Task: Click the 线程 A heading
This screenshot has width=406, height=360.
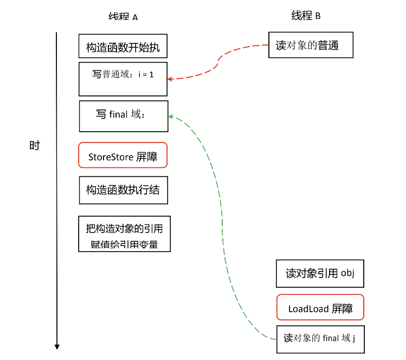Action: (123, 17)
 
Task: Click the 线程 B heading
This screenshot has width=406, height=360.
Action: (306, 16)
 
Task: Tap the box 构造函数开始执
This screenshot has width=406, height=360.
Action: (123, 46)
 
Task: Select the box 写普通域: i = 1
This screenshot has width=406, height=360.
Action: (123, 79)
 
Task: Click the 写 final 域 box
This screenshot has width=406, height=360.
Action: (124, 116)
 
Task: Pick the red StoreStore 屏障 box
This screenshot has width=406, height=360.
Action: (123, 155)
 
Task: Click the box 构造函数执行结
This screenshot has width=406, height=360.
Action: (124, 190)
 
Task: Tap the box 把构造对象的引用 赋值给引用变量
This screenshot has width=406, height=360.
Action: (125, 234)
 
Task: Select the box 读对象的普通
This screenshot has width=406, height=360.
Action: (311, 45)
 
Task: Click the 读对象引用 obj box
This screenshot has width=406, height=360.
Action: (320, 274)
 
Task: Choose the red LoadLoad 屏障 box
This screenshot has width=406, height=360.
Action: (320, 307)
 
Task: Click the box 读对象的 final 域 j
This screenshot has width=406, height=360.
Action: (320, 339)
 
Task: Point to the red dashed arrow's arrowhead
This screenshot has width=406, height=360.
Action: (170, 79)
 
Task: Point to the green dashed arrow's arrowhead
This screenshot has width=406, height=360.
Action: (171, 117)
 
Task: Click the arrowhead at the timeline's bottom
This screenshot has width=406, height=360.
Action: (57, 347)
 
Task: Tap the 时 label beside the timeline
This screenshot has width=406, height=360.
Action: (35, 145)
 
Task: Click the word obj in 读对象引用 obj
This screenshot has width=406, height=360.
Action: (347, 273)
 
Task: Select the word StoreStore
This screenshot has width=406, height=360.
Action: (111, 157)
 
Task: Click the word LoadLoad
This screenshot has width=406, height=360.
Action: (308, 309)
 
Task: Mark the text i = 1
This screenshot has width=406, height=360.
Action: (146, 75)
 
